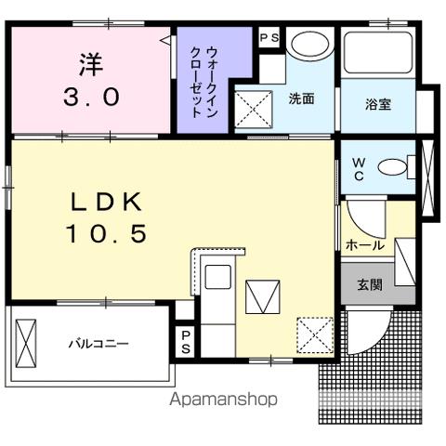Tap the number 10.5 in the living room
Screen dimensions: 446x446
tap(106, 234)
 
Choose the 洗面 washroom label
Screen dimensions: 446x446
tap(301, 98)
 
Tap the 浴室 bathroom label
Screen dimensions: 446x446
tap(377, 104)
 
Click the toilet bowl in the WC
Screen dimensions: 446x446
tap(396, 167)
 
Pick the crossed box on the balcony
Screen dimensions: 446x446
tap(28, 342)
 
